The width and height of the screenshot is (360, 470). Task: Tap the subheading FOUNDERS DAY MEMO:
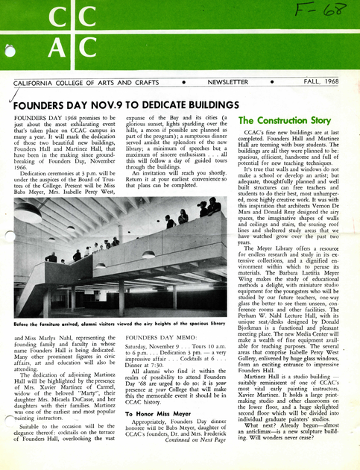pos(156,338)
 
